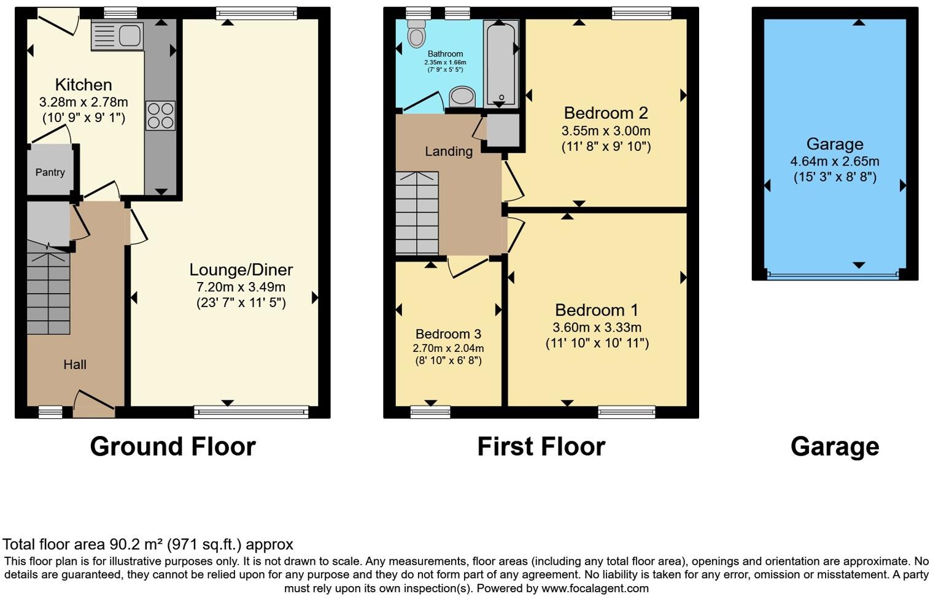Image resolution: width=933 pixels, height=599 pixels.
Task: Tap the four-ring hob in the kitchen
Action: [x=160, y=116]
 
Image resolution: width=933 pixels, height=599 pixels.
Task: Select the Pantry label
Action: [x=50, y=172]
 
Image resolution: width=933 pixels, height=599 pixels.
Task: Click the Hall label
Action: [x=75, y=364]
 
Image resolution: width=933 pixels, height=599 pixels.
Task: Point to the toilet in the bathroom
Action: [x=417, y=34]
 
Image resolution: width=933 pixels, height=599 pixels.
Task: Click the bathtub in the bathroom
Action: [x=501, y=63]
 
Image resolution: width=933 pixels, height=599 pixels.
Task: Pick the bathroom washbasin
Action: [x=462, y=97]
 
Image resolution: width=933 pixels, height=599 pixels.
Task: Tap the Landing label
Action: [x=449, y=151]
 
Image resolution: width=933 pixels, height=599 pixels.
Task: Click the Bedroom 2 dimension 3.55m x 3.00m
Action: [x=606, y=131]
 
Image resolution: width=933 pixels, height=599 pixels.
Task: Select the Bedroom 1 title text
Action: [x=597, y=310]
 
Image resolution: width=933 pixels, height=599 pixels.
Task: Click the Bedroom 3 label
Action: [x=448, y=334]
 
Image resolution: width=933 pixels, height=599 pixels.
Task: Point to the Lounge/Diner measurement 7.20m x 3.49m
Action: [x=241, y=287]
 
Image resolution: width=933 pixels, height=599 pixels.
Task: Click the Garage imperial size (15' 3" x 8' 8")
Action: [x=835, y=177]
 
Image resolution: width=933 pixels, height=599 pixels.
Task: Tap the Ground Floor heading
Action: [x=172, y=446]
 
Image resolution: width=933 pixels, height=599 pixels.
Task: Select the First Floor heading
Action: [x=541, y=446]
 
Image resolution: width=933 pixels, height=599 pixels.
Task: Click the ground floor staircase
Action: [x=48, y=294]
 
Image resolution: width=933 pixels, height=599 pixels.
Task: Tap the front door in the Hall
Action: [x=93, y=405]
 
